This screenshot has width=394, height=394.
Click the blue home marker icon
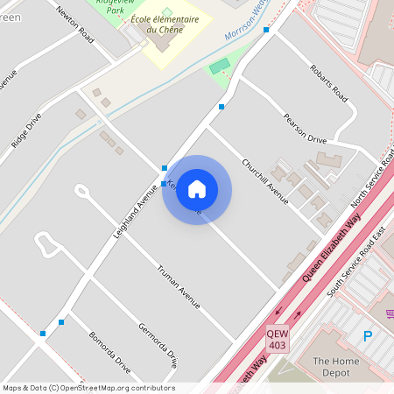(x=197, y=189)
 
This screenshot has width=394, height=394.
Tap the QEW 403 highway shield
(x=278, y=338)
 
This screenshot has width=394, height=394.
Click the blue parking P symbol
(x=368, y=335)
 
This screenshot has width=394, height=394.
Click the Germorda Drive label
(x=164, y=344)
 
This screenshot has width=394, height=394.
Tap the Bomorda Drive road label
(x=109, y=352)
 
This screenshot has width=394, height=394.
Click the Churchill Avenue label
(x=264, y=180)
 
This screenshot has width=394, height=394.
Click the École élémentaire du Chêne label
(x=172, y=25)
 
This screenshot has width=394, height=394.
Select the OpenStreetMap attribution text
(x=88, y=388)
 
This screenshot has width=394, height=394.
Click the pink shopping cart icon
(x=390, y=313)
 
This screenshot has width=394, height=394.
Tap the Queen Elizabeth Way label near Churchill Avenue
(x=331, y=250)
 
